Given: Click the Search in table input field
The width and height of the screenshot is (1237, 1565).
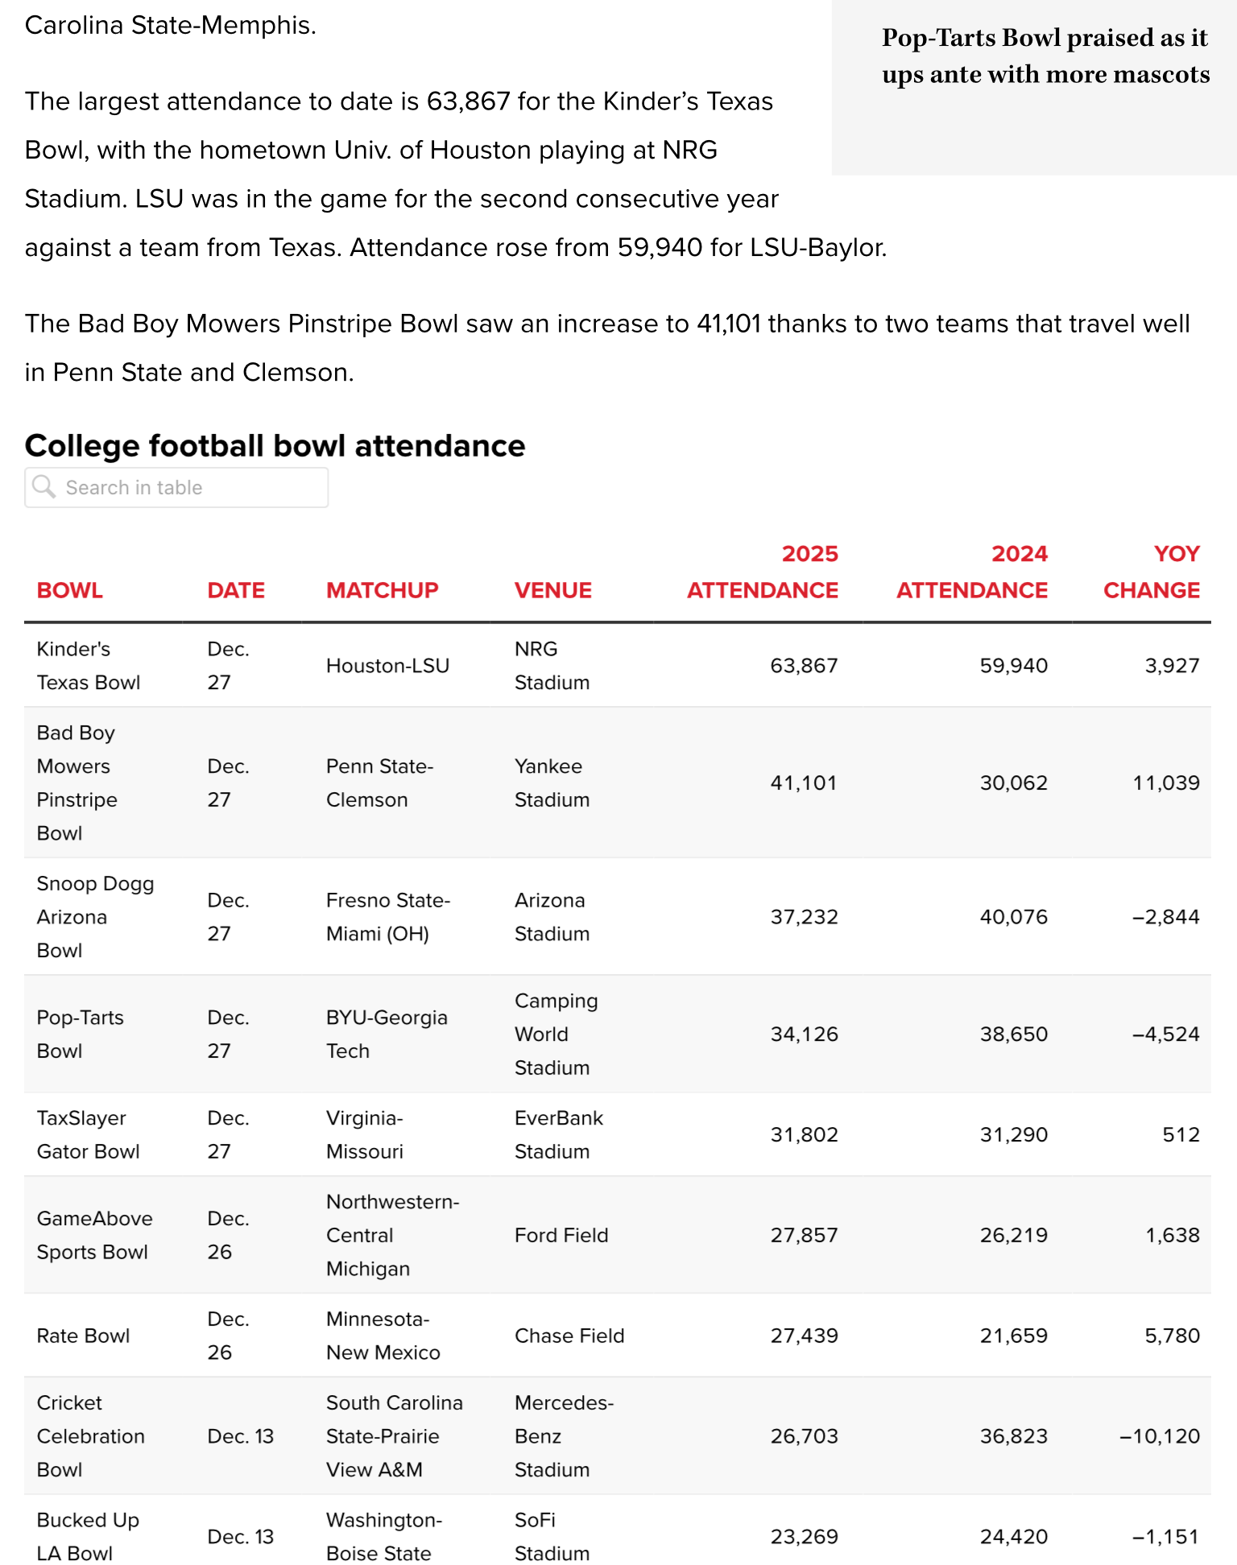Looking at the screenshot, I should point(185,488).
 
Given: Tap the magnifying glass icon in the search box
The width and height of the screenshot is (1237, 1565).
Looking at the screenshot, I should point(43,487).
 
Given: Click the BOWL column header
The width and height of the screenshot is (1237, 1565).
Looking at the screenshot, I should point(70,590).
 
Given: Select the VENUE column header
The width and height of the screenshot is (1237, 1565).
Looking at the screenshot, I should point(553,590).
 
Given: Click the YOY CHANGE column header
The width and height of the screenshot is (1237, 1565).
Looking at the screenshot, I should point(1152,572).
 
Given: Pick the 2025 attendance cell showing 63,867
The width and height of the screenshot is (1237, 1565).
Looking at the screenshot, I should point(804,666).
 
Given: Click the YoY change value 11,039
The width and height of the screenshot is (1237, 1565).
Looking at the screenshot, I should point(1165,782).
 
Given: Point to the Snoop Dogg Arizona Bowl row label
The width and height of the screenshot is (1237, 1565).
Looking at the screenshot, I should point(95,917).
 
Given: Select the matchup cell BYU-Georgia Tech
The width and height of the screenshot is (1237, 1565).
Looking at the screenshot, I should point(387,1034).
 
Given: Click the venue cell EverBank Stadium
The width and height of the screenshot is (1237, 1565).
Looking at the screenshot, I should point(558,1135).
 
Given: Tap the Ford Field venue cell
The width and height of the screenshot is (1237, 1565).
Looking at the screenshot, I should point(561,1235).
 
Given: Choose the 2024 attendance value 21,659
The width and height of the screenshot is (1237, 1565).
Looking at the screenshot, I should point(1013,1336).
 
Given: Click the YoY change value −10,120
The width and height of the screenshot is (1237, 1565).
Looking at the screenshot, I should point(1159,1436).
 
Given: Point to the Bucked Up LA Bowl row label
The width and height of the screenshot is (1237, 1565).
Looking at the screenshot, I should point(88,1536).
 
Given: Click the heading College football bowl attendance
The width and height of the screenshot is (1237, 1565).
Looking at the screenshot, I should point(275,446).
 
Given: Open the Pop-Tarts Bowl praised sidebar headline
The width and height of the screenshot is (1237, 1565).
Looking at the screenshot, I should point(1045,56).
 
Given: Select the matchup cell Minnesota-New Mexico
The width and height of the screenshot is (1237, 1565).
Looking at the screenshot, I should point(383,1336).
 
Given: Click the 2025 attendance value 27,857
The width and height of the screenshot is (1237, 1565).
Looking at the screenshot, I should point(804,1235).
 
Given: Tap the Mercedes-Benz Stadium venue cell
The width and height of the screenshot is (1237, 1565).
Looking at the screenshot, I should point(564,1436).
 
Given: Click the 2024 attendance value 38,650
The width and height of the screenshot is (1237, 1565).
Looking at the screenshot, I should point(1013,1034).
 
